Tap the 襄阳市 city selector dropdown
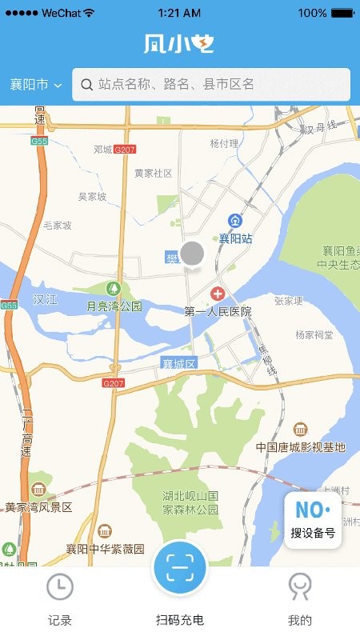point(36,85)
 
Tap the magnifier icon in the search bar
point(86,84)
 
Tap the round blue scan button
point(180,568)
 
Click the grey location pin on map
point(192,254)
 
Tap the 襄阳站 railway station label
point(236,238)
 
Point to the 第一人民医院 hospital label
point(218,311)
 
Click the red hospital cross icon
point(217,295)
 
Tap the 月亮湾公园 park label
point(114,306)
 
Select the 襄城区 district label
point(179,363)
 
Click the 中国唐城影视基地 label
point(300,446)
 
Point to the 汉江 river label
point(45,299)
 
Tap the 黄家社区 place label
point(153,173)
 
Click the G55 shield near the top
point(39,141)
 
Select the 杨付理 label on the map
point(224,143)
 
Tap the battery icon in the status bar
point(342,13)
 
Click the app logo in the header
point(179,43)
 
